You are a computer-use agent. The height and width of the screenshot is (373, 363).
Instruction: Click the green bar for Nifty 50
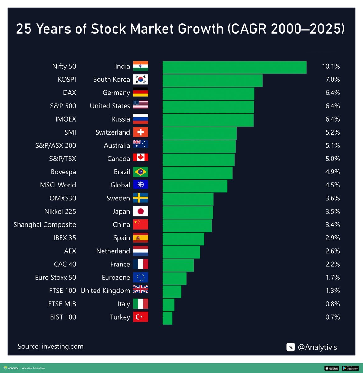tap(234, 67)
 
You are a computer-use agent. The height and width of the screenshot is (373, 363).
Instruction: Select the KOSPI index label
tap(67, 80)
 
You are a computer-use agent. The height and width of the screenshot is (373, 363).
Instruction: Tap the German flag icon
tap(140, 93)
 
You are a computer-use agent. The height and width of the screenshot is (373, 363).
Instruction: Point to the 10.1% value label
tap(331, 67)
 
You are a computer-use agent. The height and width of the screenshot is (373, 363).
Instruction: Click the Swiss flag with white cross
tap(140, 132)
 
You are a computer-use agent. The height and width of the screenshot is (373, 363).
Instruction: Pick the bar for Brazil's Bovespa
tap(197, 173)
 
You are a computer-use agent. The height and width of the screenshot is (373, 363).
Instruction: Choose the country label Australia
tap(117, 146)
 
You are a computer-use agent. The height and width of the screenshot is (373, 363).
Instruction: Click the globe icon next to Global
tap(140, 185)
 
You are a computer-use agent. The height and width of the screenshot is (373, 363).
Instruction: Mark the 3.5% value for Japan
tap(333, 212)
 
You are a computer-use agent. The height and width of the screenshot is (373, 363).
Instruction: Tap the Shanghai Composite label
tap(45, 225)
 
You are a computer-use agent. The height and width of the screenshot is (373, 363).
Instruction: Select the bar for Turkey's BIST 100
tap(168, 318)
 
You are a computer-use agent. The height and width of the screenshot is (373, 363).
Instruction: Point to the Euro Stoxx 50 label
tap(55, 278)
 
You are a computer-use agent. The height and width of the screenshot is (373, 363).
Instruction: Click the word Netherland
tap(113, 251)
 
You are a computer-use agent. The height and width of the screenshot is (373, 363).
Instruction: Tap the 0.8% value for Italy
tap(333, 304)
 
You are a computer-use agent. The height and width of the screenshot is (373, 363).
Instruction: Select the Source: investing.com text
tap(51, 347)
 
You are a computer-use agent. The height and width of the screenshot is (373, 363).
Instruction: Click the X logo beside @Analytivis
tap(291, 347)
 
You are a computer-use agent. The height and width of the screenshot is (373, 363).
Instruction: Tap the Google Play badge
tap(350, 368)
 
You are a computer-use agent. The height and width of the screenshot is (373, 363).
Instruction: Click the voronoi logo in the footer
tap(11, 368)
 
